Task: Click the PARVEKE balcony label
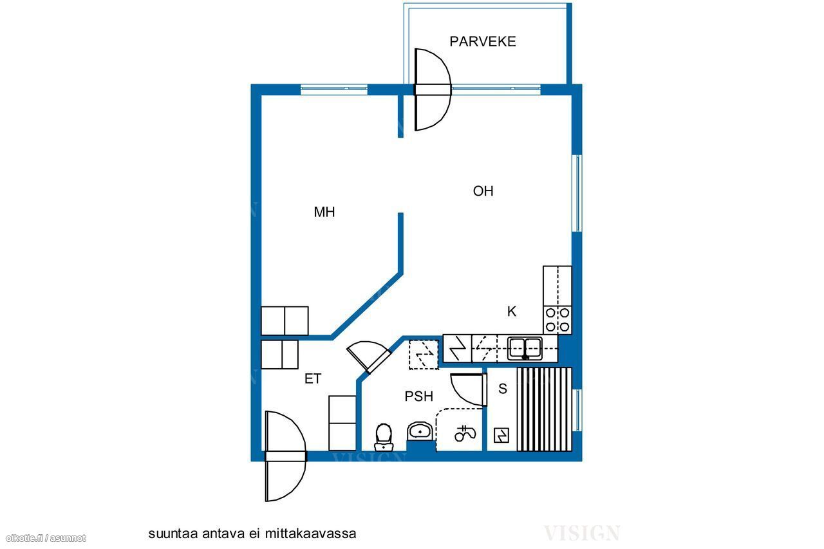[x=483, y=42]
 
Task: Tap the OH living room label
[x=483, y=191]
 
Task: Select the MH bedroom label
[x=324, y=212]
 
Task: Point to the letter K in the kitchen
[x=512, y=312]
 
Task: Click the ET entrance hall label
[x=313, y=378]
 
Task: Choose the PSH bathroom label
[x=418, y=396]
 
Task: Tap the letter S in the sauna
[x=503, y=389]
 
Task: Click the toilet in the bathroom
[x=384, y=437]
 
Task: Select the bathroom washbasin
[x=420, y=431]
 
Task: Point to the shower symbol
[x=465, y=434]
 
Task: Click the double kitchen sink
[x=525, y=348]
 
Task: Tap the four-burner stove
[x=557, y=320]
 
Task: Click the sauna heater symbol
[x=501, y=435]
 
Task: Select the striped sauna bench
[x=545, y=409]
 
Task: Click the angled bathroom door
[x=369, y=357]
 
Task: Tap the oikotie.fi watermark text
[x=46, y=538]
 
